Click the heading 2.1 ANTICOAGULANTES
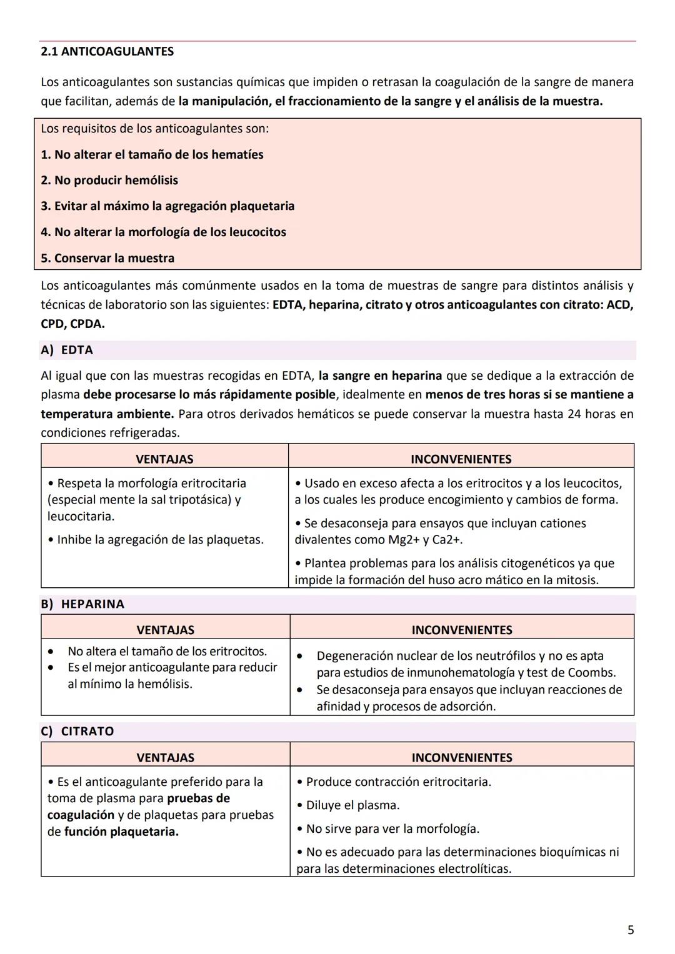tap(107, 52)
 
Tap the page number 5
tap(630, 930)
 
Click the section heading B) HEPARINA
tap(82, 604)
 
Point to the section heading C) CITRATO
tap(77, 732)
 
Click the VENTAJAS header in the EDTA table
tap(164, 459)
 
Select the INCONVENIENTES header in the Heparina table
tap(462, 630)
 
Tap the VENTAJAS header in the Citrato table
tap(166, 758)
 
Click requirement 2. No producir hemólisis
tap(109, 181)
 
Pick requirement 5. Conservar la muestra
tap(107, 259)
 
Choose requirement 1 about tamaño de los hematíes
tap(152, 155)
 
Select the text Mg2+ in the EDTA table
tap(393, 540)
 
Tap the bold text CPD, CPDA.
tap(72, 324)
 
